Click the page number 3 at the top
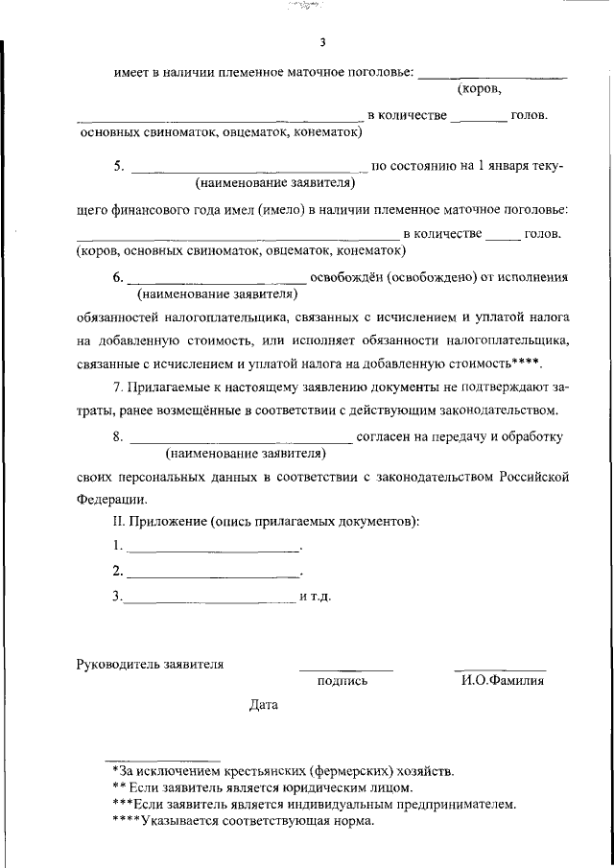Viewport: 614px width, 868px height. pyautogui.click(x=323, y=42)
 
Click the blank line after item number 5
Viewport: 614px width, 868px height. pyautogui.click(x=247, y=171)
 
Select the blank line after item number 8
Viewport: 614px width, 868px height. pyautogui.click(x=240, y=441)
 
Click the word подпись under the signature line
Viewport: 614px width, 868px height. pyautogui.click(x=342, y=681)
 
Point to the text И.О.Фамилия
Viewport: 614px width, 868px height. pyautogui.click(x=502, y=681)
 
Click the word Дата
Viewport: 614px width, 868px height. pyautogui.click(x=264, y=705)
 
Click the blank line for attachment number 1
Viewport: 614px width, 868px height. pyautogui.click(x=213, y=551)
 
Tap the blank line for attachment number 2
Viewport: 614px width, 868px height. pyautogui.click(x=213, y=576)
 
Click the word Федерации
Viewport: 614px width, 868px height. pyautogui.click(x=112, y=499)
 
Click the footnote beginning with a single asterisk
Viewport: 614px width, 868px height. pyautogui.click(x=283, y=770)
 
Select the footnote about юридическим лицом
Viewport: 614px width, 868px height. pyautogui.click(x=262, y=787)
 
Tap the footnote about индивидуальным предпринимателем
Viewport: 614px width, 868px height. pyautogui.click(x=314, y=805)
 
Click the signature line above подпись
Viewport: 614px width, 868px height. pyautogui.click(x=345, y=669)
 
